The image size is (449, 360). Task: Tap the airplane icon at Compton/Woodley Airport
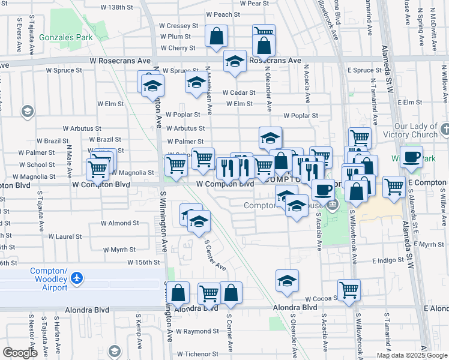pos(76,278)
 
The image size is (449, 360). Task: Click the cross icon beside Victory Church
pos(445,128)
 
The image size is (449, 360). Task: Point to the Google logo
pos(19,353)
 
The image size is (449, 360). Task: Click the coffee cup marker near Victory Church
pos(411,157)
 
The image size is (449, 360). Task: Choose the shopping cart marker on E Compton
pos(394,187)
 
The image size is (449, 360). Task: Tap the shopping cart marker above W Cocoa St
pos(349,290)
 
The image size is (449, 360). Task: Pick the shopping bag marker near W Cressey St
pos(216,36)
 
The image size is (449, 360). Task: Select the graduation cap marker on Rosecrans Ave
pos(235,61)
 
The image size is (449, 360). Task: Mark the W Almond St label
pos(119,223)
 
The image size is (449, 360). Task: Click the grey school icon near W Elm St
pos(27,111)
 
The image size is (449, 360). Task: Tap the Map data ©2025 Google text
pos(411,355)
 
